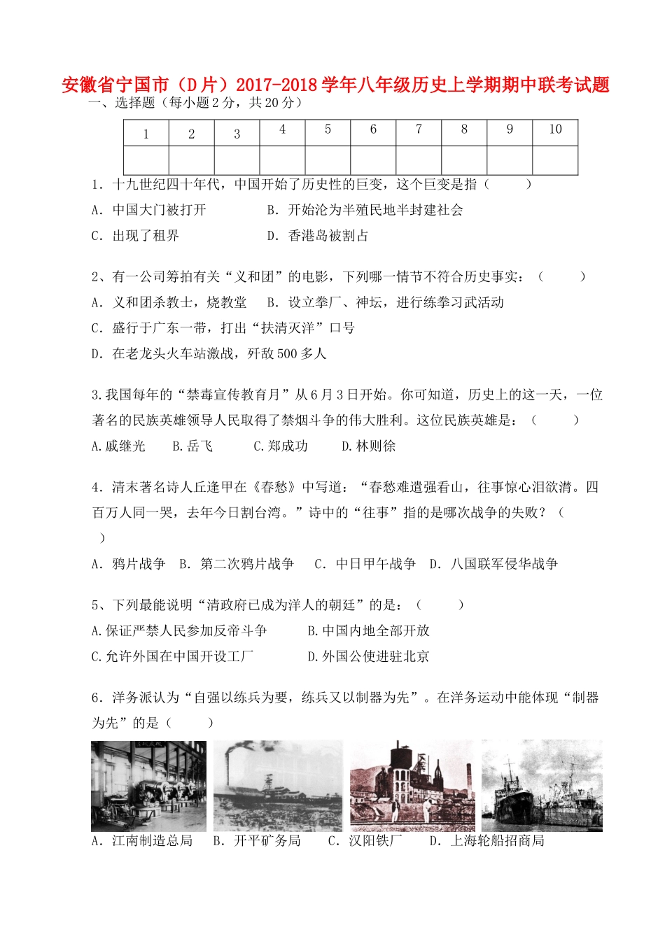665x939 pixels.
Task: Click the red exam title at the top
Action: click(335, 85)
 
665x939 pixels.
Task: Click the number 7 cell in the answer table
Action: click(419, 130)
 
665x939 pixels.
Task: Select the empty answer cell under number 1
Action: click(146, 160)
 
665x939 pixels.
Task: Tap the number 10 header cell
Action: click(555, 130)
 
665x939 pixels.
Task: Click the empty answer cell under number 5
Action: click(328, 160)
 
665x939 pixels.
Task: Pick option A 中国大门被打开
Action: click(149, 210)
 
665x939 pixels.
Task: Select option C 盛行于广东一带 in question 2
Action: click(223, 328)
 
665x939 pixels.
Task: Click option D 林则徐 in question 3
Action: click(369, 446)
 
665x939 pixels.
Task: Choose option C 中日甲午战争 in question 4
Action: click(365, 564)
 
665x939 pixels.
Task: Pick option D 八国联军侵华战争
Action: click(493, 564)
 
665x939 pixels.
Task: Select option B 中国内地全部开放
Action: click(369, 631)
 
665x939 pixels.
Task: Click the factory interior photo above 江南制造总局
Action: click(149, 786)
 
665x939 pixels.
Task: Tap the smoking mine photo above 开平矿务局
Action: click(278, 786)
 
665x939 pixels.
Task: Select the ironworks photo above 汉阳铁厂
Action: click(412, 786)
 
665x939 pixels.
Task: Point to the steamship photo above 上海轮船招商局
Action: click(542, 786)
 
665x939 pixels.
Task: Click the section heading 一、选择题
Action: click(121, 103)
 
